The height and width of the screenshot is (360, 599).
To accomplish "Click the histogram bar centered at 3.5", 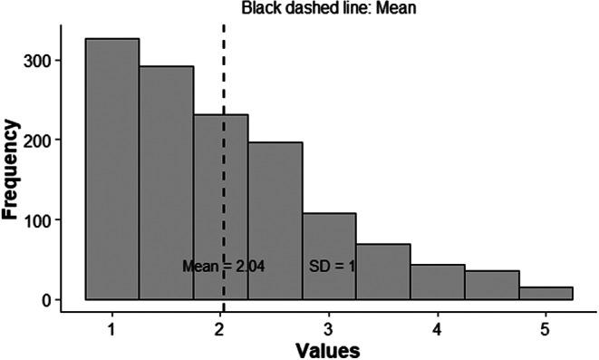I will (x=383, y=271).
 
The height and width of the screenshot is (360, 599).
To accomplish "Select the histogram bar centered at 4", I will (x=438, y=282).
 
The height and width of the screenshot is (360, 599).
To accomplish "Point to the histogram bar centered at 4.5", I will (x=492, y=285).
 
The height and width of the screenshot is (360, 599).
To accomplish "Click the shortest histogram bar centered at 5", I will (x=546, y=293).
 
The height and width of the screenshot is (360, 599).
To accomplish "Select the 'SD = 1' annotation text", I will (x=332, y=266).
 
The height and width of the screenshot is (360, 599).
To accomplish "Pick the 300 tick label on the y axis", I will (x=43, y=60).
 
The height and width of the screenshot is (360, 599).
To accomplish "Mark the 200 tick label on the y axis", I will (x=43, y=140).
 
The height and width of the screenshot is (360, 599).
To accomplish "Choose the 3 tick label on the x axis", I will (x=329, y=327).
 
